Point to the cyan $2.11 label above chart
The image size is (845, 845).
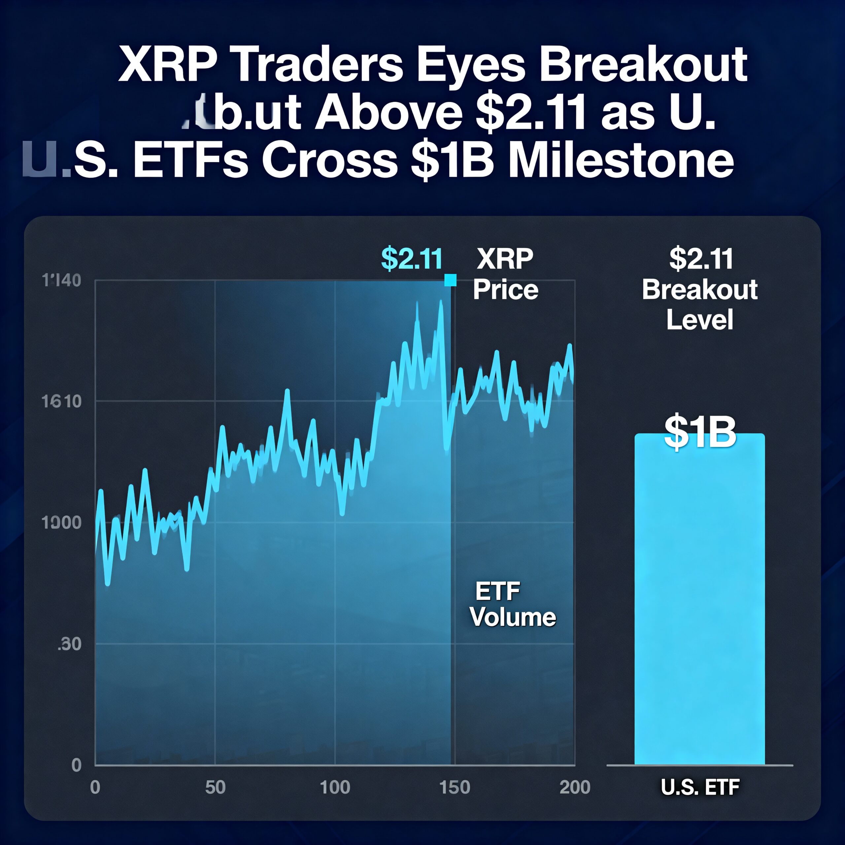click(412, 258)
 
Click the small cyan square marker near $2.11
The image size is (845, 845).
click(450, 280)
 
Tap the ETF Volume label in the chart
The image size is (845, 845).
click(512, 604)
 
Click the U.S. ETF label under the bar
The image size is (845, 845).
click(700, 787)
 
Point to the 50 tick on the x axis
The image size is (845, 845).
click(215, 787)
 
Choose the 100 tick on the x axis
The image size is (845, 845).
click(335, 787)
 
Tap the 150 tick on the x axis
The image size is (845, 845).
click(455, 787)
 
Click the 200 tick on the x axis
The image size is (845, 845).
click(575, 787)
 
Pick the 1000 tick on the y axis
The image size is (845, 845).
click(62, 523)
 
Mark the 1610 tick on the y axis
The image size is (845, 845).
click(62, 401)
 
